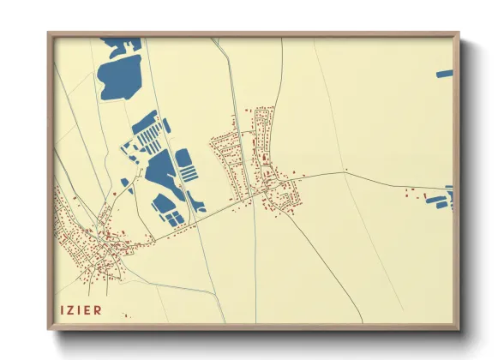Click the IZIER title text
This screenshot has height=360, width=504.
81,309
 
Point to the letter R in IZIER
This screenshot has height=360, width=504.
99,309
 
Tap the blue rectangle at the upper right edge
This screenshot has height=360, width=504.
443,75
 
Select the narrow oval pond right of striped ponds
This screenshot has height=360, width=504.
167,126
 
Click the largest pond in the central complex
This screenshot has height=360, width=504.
159,171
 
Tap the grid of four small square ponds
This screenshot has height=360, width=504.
175,219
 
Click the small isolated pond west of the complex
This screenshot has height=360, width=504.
125,182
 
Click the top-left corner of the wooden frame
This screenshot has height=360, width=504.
49,34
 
